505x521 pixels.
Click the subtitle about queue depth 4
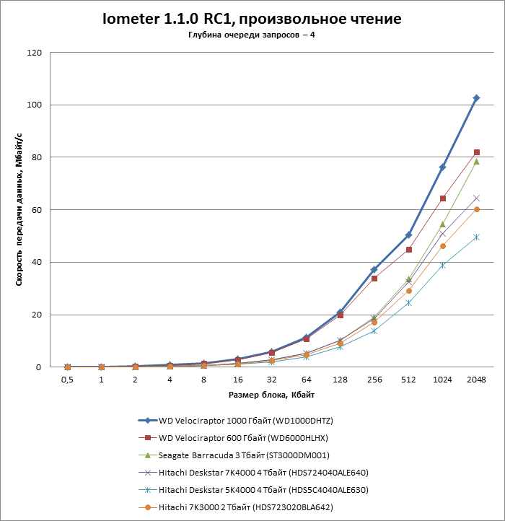tap(252, 35)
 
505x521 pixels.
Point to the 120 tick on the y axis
tap(35, 53)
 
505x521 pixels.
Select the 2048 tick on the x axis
tap(476, 379)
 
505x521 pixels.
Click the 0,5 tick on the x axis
tap(67, 379)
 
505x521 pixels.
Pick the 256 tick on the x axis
tap(374, 379)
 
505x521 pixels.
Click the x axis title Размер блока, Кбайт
tap(271, 395)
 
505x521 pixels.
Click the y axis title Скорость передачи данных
tap(19, 210)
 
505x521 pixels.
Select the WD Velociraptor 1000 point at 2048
tap(476, 98)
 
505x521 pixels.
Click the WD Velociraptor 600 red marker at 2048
tap(476, 152)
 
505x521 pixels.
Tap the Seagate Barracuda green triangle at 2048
tap(476, 162)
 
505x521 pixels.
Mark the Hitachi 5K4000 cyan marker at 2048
tap(476, 237)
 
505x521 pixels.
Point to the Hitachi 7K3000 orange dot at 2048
tap(476, 209)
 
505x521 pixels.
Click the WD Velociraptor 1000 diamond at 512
tap(408, 235)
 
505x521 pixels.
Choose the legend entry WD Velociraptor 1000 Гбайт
tap(245, 420)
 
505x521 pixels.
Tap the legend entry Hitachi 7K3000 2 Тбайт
tap(245, 507)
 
